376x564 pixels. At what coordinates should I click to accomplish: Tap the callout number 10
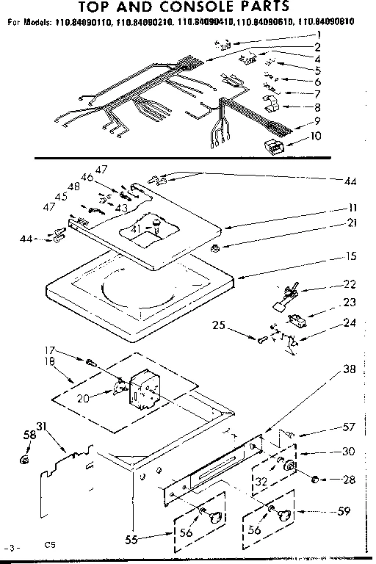coord(316,135)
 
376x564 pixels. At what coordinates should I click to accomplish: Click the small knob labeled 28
coord(317,480)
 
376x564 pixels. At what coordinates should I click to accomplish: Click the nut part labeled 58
coord(24,461)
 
